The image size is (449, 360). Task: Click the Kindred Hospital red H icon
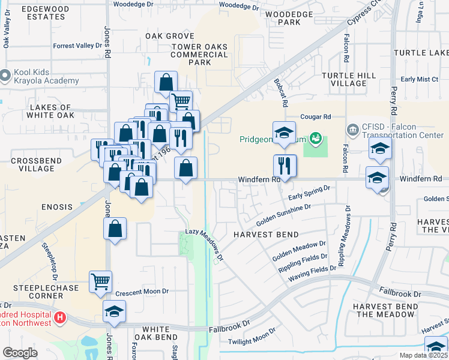pos(59,317)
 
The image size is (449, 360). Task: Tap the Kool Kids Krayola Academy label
pos(45,76)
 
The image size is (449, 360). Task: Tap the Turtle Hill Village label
pos(348,80)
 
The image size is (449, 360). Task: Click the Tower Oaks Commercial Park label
pos(199,55)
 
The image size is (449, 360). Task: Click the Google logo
pos(20,353)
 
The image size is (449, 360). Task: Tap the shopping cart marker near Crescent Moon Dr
pos(100,281)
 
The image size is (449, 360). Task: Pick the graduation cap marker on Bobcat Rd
pos(284,133)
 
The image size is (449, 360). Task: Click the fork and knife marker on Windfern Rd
pos(285,165)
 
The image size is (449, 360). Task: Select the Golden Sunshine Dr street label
pos(283,213)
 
